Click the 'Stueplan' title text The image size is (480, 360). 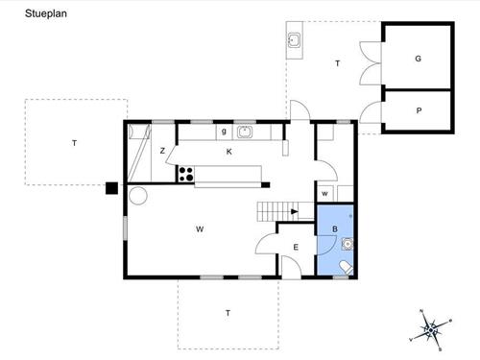(46, 13)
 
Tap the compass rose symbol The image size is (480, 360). (431, 330)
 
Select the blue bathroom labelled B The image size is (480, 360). (335, 239)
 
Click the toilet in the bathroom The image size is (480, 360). (346, 268)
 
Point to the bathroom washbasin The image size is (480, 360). (348, 244)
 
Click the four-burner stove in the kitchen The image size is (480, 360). (185, 174)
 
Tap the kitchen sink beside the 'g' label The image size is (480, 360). (245, 132)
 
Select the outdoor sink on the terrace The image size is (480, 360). (294, 40)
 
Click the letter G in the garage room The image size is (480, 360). (418, 59)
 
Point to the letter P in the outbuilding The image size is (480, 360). (419, 110)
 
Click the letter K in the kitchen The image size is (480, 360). (229, 152)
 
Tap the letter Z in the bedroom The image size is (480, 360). (162, 151)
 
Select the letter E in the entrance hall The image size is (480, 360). (296, 247)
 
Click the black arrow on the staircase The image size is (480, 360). (295, 211)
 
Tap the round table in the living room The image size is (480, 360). (138, 195)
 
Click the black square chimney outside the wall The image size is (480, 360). (112, 188)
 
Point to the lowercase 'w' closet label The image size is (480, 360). (324, 194)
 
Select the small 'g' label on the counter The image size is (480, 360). (224, 131)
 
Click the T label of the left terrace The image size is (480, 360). (74, 143)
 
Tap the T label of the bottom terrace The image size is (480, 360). (228, 313)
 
